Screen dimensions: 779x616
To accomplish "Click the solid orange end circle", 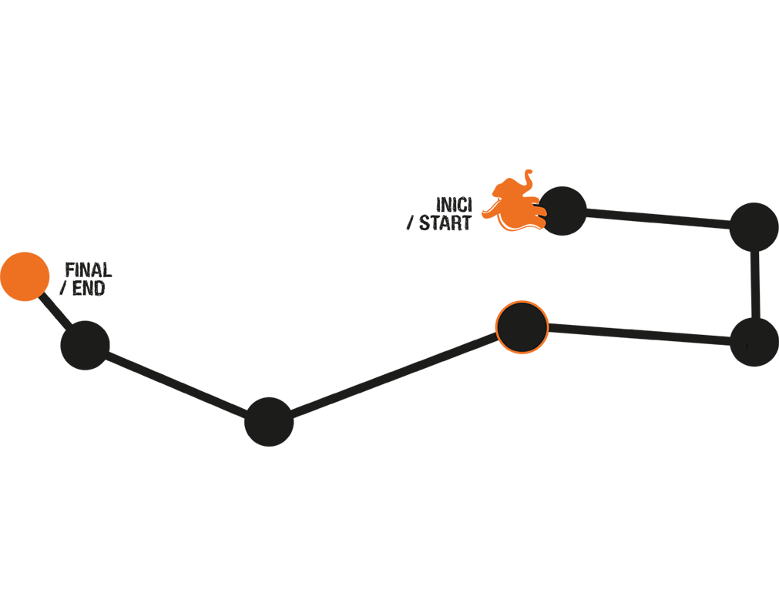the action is (x=25, y=276).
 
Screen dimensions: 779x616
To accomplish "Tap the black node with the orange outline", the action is (x=522, y=327).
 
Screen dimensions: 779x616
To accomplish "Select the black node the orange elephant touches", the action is (x=562, y=211).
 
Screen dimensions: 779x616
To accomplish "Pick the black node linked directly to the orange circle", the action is (x=85, y=346).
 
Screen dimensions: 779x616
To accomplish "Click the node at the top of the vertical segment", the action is (x=754, y=227).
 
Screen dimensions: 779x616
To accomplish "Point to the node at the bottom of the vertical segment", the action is (x=754, y=342).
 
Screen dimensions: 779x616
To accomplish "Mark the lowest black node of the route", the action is (x=269, y=422).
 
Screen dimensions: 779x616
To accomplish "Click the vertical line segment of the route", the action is (x=755, y=285).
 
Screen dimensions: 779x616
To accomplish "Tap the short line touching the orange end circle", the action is (x=55, y=311).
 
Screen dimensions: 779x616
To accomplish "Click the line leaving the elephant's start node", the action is (x=658, y=219).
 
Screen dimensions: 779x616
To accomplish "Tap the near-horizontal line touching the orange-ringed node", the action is (x=639, y=334).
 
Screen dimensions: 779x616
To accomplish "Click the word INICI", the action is (x=454, y=205).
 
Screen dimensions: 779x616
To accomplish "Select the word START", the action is (x=445, y=223).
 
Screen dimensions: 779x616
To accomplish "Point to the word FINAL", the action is (x=89, y=270).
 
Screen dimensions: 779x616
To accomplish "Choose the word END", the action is (x=89, y=289).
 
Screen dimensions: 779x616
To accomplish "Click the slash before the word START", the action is (x=410, y=224).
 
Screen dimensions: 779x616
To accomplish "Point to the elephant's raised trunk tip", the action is (x=529, y=172).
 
